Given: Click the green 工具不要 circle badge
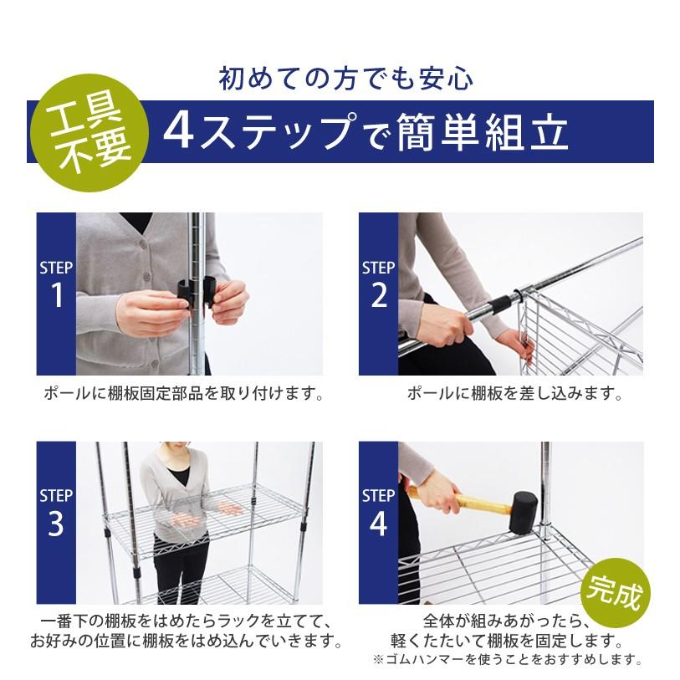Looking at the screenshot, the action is [89, 133].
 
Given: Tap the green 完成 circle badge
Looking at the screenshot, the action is [616, 593].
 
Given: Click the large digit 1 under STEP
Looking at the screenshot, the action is [57, 295].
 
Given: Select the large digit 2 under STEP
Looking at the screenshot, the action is [379, 295].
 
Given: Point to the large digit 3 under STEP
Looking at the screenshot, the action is [56, 524].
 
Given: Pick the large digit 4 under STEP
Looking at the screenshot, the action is [379, 524].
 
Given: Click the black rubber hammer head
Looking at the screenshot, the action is [523, 512].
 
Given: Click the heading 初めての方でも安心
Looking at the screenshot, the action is [345, 79].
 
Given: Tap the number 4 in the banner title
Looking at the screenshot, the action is [179, 130].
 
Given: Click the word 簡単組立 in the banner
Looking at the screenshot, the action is [482, 131].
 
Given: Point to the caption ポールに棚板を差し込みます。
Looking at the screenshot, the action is [515, 393].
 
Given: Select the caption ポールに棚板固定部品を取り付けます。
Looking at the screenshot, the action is [184, 393].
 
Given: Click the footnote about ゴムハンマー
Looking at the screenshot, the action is [507, 660].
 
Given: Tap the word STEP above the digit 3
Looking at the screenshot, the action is [56, 496].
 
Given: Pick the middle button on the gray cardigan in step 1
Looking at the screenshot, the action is [146, 276].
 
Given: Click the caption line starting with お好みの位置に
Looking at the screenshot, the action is [186, 641].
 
